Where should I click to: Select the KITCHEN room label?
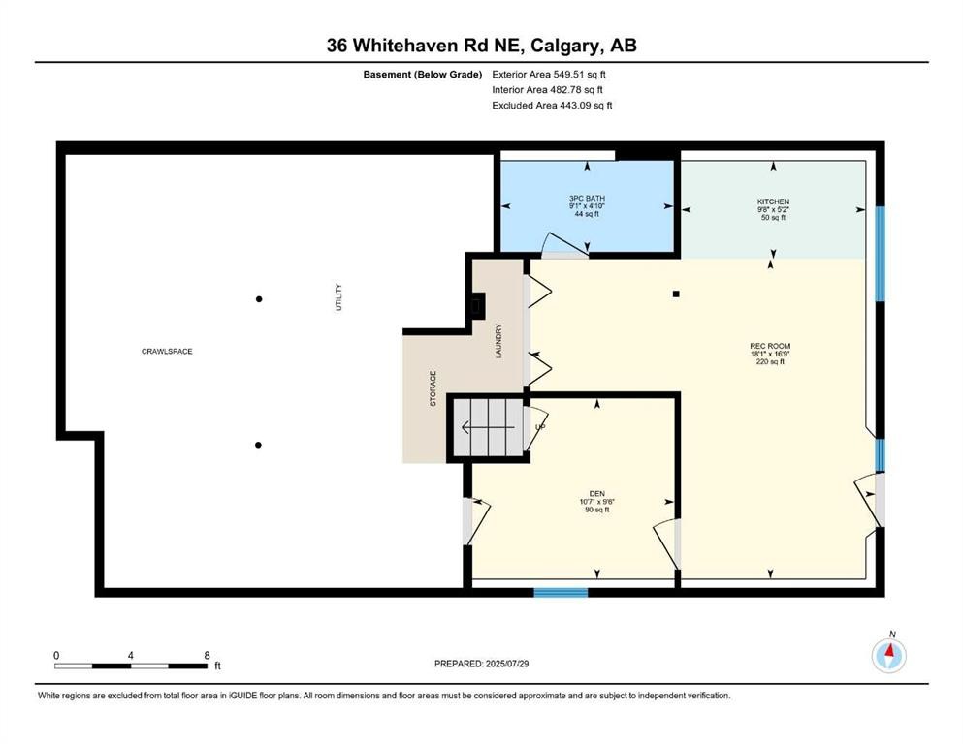773,201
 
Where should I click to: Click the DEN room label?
596,493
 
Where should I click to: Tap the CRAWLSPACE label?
167,351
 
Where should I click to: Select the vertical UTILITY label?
338,296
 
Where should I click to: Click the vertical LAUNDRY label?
498,341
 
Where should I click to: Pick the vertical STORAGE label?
433,387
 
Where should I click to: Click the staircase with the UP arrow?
491,426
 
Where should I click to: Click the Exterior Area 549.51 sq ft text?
550,74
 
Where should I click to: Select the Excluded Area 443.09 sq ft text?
552,105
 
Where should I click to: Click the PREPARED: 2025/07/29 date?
481,664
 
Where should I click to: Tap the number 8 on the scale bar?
207,655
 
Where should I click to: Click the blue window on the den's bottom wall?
561,592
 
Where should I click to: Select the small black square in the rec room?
677,294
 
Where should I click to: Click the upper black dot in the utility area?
259,299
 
